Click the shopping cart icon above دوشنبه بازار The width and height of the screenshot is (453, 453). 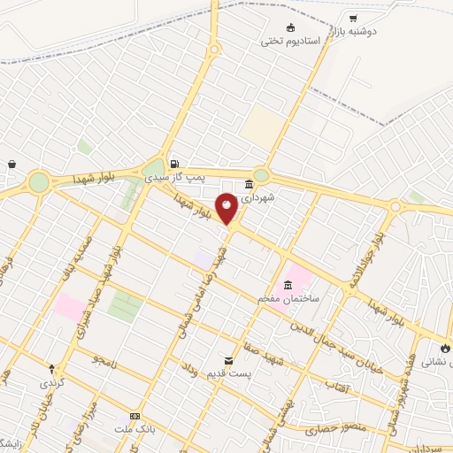pos(353,18)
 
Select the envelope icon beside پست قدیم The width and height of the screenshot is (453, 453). pos(229,360)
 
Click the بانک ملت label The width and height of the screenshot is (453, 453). pos(134,429)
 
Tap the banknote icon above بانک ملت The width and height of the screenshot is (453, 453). pos(134,416)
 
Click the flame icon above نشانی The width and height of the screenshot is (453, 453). pos(444,349)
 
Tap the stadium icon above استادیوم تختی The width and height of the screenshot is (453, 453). pos(290,27)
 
